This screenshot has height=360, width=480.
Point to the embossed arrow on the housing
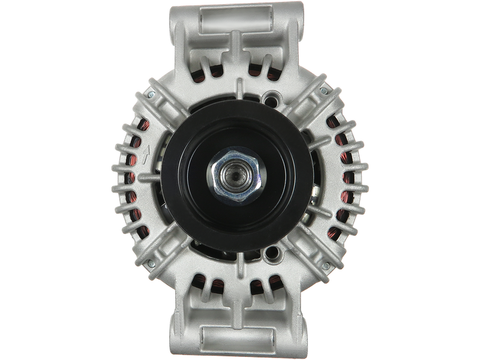click(x=146, y=154)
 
